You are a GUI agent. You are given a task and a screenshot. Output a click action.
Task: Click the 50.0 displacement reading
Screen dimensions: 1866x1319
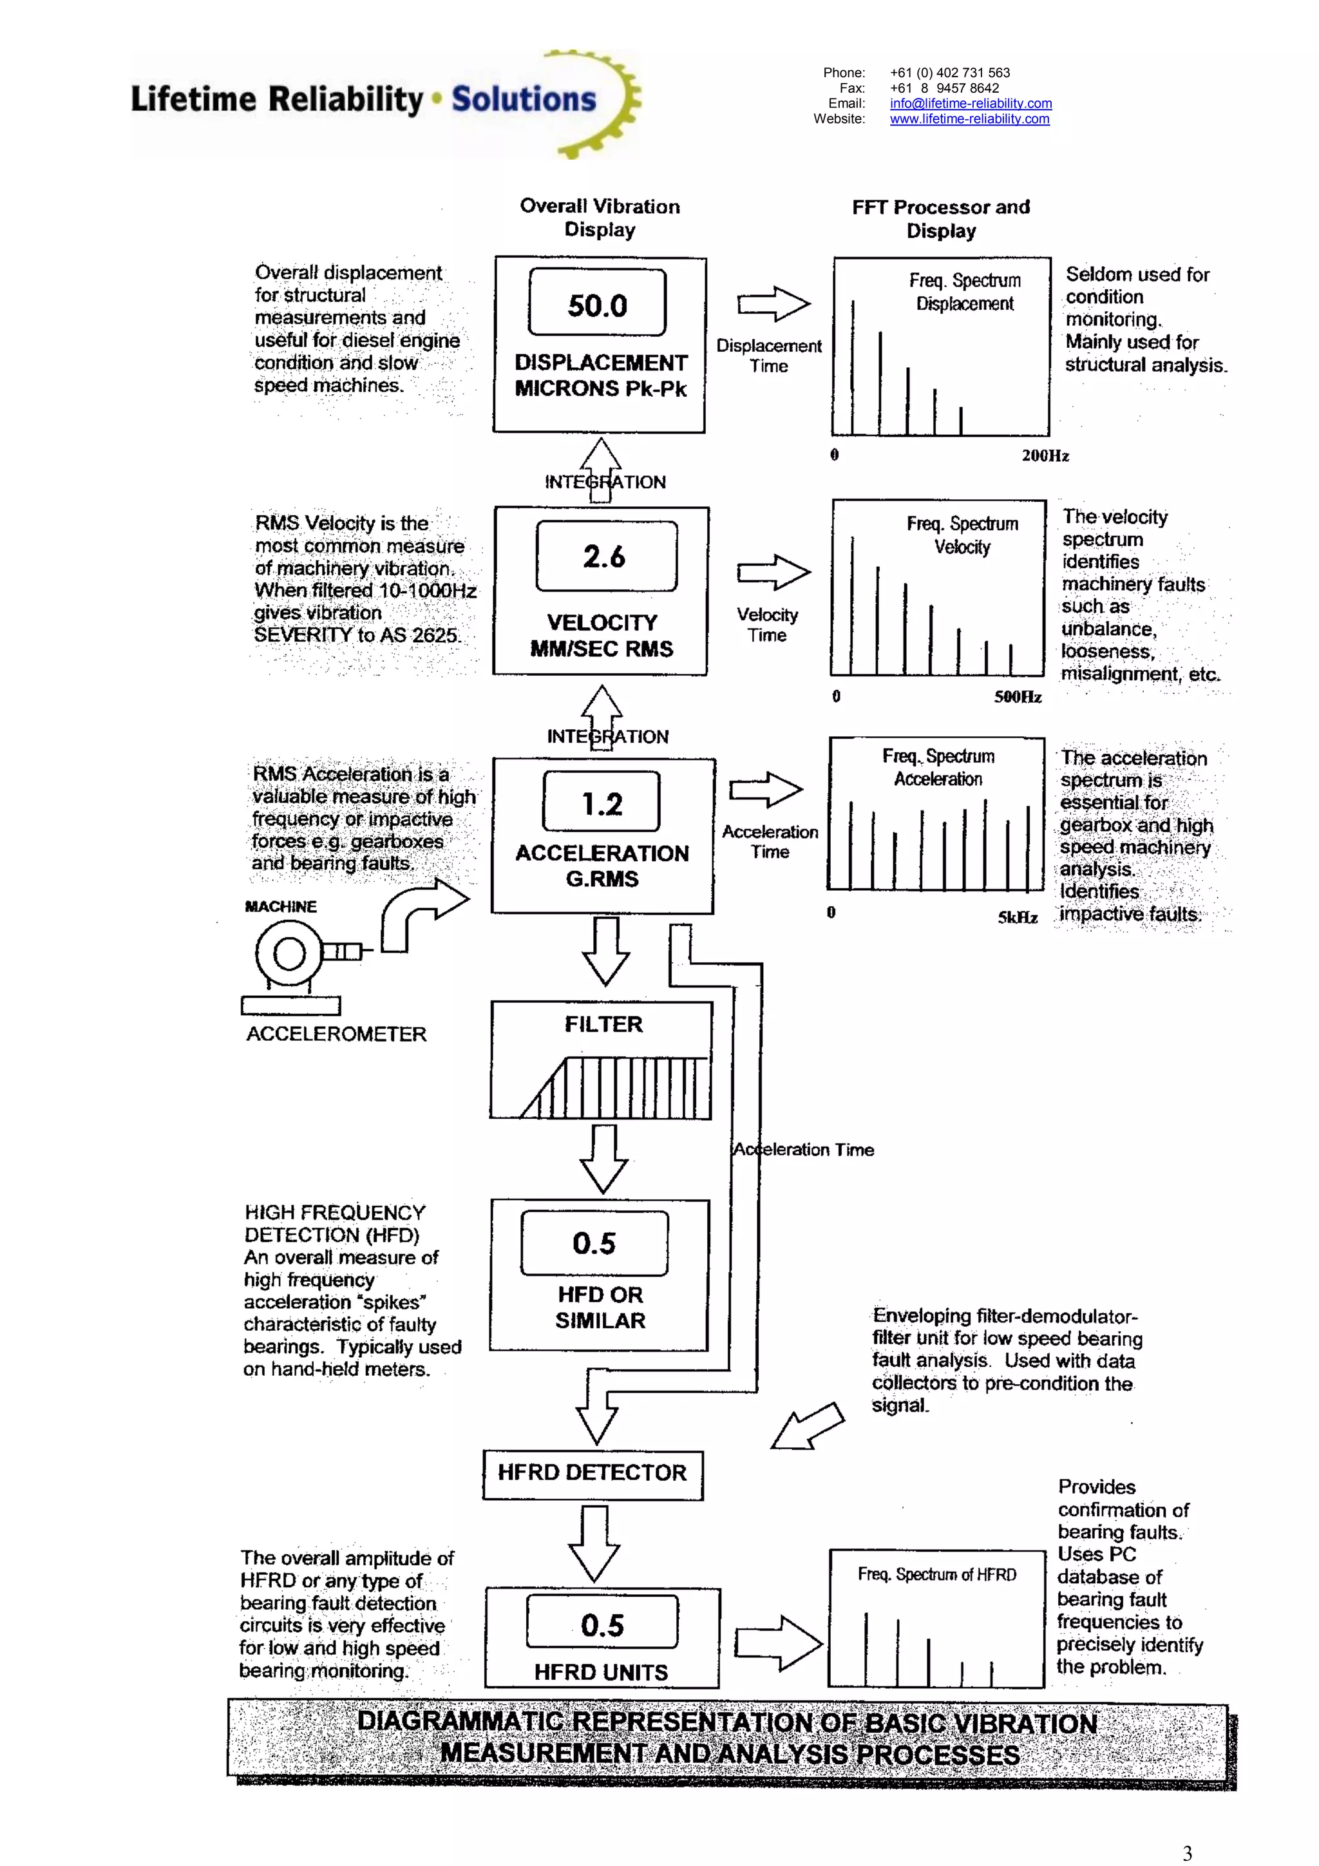point(596,305)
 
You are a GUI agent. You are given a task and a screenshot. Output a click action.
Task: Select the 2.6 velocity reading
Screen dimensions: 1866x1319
point(604,557)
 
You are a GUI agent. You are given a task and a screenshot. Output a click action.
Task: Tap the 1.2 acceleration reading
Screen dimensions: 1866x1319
point(602,804)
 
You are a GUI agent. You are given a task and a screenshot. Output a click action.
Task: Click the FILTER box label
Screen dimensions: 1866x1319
point(603,1024)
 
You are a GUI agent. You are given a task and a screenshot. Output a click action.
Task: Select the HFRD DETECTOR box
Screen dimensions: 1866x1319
point(593,1472)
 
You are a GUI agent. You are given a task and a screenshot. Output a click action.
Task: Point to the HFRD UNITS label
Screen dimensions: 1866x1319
point(602,1671)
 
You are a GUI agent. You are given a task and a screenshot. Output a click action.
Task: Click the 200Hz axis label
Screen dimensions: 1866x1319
point(1045,456)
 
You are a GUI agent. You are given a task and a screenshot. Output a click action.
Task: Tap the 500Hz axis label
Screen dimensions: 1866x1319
point(1018,696)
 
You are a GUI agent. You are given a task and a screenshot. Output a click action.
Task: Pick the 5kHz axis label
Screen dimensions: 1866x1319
point(1018,918)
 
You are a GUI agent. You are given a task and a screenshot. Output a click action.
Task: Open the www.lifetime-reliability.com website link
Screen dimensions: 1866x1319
point(969,119)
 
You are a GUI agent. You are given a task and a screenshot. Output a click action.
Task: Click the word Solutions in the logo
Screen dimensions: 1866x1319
point(524,99)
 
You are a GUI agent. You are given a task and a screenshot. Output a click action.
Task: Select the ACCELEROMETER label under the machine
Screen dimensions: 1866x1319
point(336,1034)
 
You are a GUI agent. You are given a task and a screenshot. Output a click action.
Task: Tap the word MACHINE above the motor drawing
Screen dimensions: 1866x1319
point(280,906)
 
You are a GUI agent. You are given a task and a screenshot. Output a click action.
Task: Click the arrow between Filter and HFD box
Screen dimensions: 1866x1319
point(603,1158)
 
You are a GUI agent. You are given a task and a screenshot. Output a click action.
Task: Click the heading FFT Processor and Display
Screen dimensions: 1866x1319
point(940,218)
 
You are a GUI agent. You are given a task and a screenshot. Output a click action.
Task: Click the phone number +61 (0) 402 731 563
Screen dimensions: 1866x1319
point(949,72)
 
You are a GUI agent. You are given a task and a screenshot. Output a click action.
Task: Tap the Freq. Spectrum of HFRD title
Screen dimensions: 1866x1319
point(936,1574)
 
